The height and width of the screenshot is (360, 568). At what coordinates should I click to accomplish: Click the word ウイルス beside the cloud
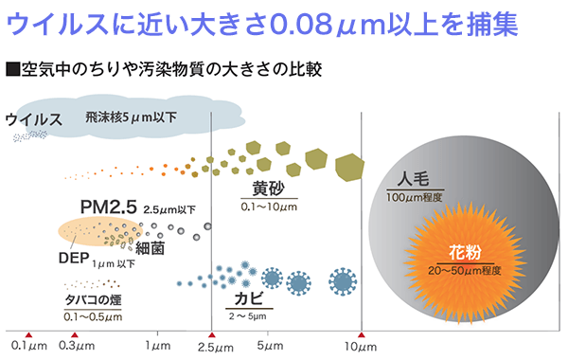click(x=35, y=120)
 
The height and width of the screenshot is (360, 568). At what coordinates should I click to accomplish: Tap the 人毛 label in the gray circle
click(x=416, y=178)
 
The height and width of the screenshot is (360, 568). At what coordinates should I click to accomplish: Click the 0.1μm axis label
click(x=29, y=347)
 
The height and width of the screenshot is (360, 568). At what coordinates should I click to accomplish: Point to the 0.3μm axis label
click(x=79, y=347)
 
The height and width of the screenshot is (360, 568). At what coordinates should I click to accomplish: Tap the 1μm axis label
click(x=158, y=347)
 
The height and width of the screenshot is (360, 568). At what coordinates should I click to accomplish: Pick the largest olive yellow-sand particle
click(x=351, y=167)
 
